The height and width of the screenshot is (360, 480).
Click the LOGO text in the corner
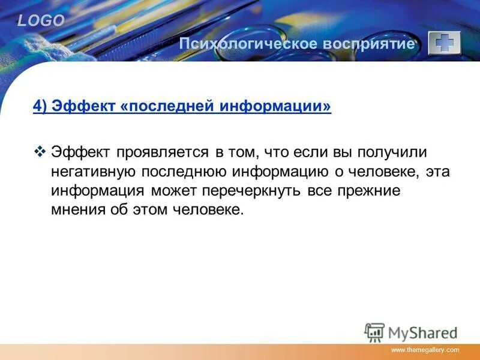click(x=40, y=21)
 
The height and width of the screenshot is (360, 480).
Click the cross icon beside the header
click(x=444, y=43)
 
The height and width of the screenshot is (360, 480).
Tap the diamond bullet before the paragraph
click(x=41, y=152)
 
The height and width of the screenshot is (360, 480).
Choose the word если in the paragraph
click(x=314, y=152)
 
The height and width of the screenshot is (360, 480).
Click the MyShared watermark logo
click(x=410, y=332)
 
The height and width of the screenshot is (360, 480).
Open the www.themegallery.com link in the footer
click(x=425, y=350)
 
